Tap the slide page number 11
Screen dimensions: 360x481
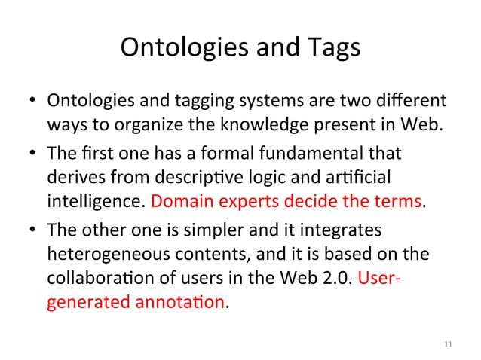pyautogui.click(x=448, y=344)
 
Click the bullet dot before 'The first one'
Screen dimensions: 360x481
pyautogui.click(x=33, y=156)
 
